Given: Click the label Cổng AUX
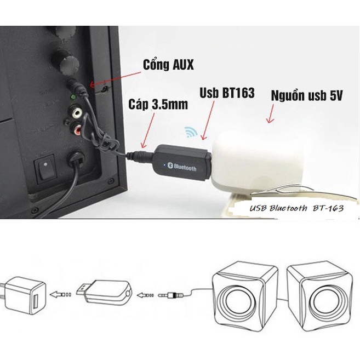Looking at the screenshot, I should [x=168, y=65].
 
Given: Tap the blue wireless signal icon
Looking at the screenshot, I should [x=191, y=132].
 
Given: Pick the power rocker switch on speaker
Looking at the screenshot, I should [x=47, y=170].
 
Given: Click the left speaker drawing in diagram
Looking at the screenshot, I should [x=244, y=293].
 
